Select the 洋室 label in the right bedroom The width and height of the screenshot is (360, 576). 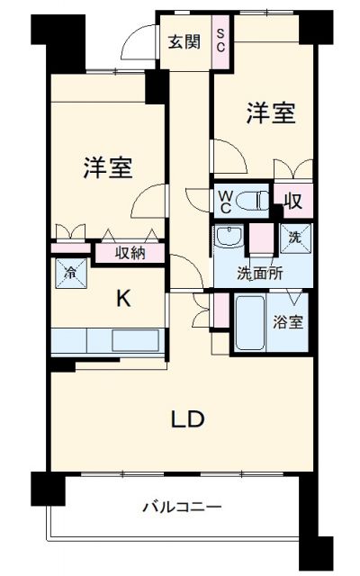pyautogui.click(x=271, y=114)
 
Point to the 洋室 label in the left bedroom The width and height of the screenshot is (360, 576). pyautogui.click(x=108, y=167)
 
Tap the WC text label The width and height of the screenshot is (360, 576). pyautogui.click(x=224, y=200)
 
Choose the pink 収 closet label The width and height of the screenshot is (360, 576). pyautogui.click(x=292, y=201)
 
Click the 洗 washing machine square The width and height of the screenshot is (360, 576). pyautogui.click(x=294, y=238)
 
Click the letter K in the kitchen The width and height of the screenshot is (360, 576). pyautogui.click(x=124, y=300)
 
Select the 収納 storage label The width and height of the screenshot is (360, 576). pyautogui.click(x=130, y=253)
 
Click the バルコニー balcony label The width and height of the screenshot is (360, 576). pyautogui.click(x=181, y=507)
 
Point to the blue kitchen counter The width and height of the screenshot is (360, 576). pyautogui.click(x=108, y=342)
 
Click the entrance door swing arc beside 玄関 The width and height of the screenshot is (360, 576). pyautogui.click(x=139, y=40)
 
